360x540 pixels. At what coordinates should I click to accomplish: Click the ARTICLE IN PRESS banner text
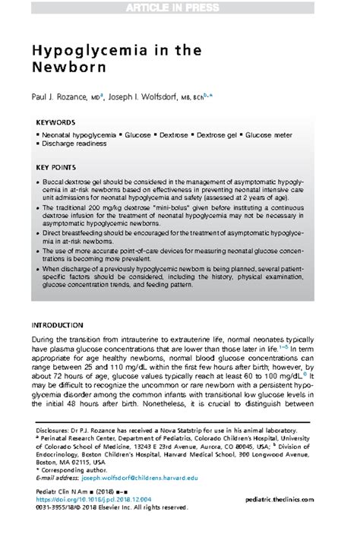[x=179, y=8]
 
